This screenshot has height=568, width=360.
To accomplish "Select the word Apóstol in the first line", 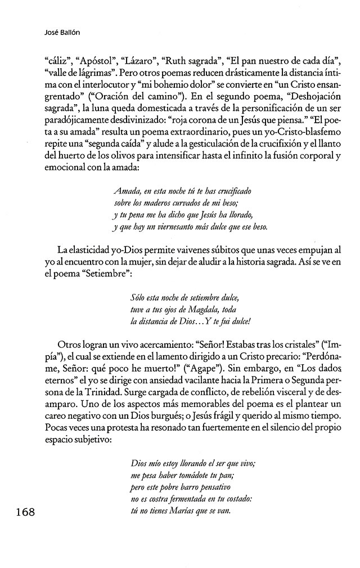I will tap(96, 58).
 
